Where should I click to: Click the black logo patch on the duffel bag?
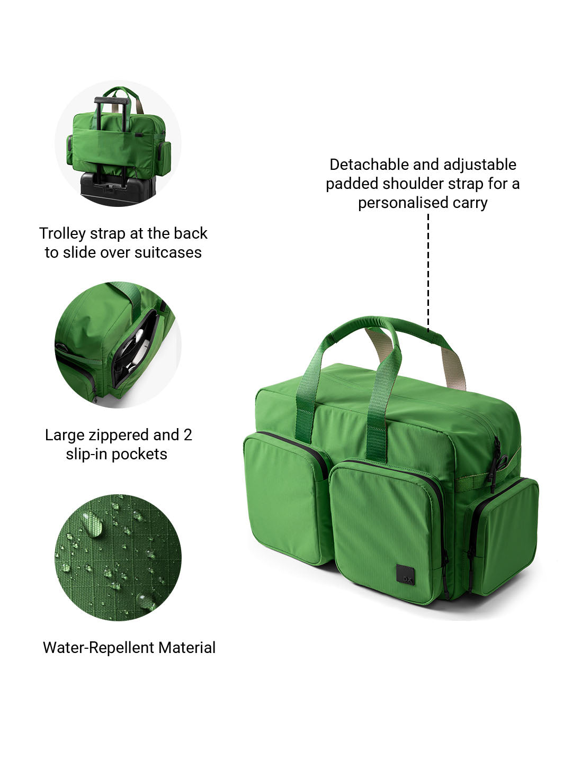(x=405, y=575)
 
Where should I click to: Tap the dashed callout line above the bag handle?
(x=428, y=273)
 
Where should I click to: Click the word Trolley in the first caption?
(x=62, y=234)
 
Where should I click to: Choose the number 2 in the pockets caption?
(x=187, y=435)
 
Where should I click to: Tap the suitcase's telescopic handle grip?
(x=112, y=101)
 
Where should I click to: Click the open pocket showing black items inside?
(x=136, y=351)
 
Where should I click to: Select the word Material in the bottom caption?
(x=187, y=648)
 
